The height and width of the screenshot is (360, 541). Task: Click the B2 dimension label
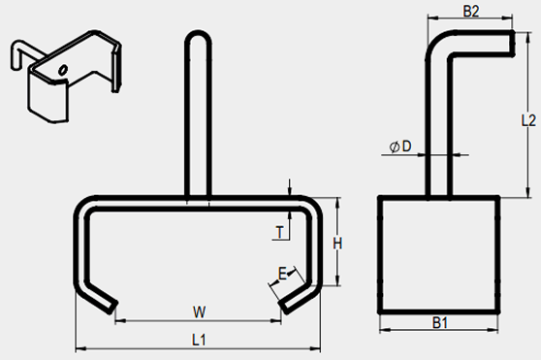coord(471,11)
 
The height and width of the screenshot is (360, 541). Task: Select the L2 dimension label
coord(528,120)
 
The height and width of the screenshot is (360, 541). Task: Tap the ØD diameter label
coord(400,147)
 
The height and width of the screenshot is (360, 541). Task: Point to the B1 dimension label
coord(440,323)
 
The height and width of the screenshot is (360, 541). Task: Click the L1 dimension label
coord(199,340)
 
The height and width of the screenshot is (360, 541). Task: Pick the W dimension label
coord(200,312)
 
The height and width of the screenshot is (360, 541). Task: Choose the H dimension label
coord(337,244)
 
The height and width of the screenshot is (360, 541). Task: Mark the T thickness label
coord(280,232)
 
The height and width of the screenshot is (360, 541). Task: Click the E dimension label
coord(282,275)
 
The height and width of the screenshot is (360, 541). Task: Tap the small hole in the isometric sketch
coord(63,69)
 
